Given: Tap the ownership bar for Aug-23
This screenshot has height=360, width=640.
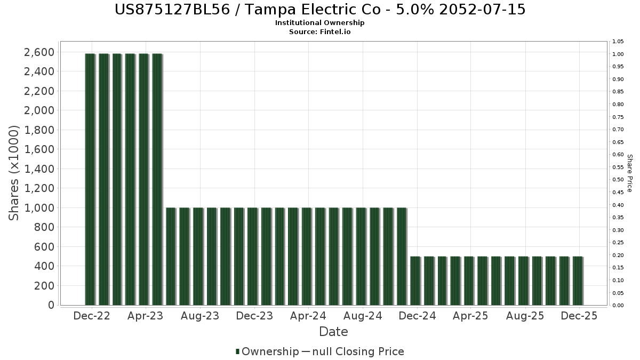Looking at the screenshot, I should point(198,256).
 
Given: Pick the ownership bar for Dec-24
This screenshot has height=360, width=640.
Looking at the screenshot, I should point(415,281).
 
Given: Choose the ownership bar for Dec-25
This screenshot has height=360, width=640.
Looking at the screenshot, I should point(578,281).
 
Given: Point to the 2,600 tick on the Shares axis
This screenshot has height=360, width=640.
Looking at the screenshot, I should point(39,52).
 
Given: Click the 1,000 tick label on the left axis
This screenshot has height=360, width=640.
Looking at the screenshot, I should point(39,208).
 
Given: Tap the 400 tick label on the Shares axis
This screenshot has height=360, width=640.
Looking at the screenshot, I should point(44,266).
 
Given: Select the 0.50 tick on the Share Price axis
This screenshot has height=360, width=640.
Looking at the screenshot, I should point(618,180).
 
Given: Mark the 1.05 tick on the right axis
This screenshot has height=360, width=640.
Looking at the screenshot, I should point(618,42).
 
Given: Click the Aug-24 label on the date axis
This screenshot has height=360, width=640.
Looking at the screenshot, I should point(363,316).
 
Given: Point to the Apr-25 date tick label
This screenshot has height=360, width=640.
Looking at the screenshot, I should point(471,316).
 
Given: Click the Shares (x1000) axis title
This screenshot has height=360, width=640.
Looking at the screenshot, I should point(14,173).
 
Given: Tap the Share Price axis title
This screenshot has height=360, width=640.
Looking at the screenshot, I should point(629,173).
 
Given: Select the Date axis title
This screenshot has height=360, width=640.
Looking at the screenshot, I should point(333,332).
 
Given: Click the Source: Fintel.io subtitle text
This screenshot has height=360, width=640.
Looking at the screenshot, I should point(320,32).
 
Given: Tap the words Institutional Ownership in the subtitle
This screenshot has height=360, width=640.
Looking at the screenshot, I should point(320,23).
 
